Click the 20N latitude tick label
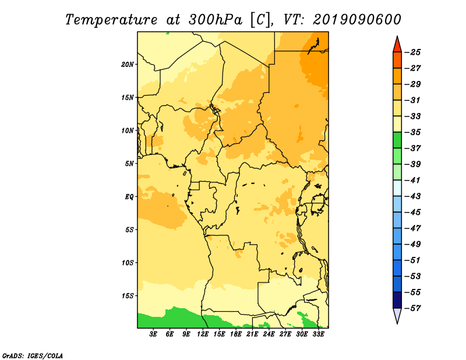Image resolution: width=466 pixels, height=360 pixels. click(x=128, y=65)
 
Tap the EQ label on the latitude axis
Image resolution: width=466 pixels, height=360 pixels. click(x=129, y=197)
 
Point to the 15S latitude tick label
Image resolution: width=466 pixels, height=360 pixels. click(x=128, y=296)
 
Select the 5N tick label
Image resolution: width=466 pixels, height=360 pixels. click(x=129, y=164)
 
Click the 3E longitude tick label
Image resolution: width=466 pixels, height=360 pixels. click(x=153, y=334)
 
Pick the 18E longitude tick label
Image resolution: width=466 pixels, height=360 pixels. click(x=236, y=334)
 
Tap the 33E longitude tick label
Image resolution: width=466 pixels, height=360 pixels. click(x=318, y=334)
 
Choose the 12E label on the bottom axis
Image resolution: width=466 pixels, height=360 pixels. click(x=203, y=334)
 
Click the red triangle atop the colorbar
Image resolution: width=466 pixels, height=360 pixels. click(x=397, y=45)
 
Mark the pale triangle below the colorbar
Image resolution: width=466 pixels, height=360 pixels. click(x=397, y=315)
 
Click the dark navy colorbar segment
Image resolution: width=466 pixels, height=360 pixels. click(x=397, y=300)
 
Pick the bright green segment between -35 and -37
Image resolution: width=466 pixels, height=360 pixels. click(x=397, y=140)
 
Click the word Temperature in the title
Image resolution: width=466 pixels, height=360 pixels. click(x=111, y=20)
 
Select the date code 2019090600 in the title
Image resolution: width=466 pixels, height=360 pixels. click(x=357, y=20)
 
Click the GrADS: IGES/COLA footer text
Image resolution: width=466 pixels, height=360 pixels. click(x=33, y=355)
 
